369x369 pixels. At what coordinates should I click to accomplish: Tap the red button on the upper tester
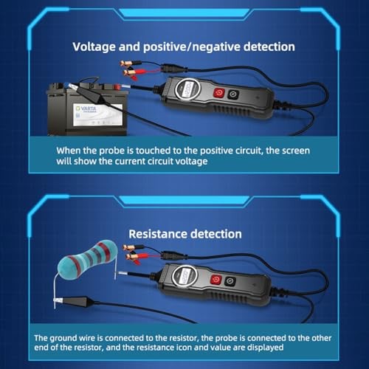pyautogui.click(x=218, y=93)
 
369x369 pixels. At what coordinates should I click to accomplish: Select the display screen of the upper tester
pyautogui.click(x=187, y=89)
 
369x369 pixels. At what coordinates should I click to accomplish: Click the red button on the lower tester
pyautogui.click(x=215, y=280)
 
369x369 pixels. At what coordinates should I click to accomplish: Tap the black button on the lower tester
pyautogui.click(x=230, y=282)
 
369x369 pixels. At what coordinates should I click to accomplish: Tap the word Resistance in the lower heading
pyautogui.click(x=157, y=234)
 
